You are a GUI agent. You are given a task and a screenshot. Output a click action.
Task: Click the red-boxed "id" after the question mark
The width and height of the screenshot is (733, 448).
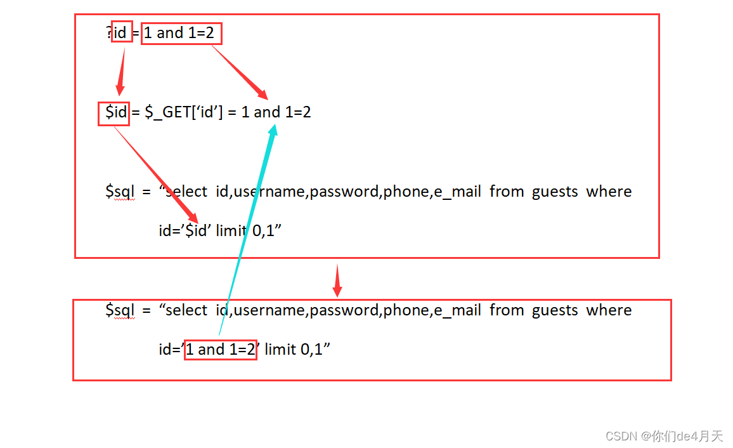pyautogui.click(x=121, y=32)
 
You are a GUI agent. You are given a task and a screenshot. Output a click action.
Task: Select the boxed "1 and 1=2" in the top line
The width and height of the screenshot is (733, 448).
pyautogui.click(x=181, y=33)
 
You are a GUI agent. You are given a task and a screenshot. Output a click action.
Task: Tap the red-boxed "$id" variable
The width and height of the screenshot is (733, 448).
pyautogui.click(x=114, y=113)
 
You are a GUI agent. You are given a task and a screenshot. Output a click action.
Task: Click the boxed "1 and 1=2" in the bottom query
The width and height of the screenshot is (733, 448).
pyautogui.click(x=220, y=349)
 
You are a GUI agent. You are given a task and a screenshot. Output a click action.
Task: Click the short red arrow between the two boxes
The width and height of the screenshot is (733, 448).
pyautogui.click(x=337, y=280)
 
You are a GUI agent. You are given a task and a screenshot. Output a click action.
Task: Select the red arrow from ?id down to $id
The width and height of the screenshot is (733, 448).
pyautogui.click(x=120, y=70)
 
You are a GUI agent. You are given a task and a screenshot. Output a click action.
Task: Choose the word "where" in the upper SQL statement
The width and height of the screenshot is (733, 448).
pyautogui.click(x=609, y=191)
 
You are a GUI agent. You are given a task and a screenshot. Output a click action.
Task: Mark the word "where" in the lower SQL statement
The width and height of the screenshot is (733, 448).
pyautogui.click(x=609, y=310)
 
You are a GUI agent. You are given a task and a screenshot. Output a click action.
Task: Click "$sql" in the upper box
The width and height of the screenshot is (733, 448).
pyautogui.click(x=120, y=191)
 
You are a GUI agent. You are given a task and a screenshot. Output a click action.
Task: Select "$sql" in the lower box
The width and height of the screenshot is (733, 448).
pyautogui.click(x=120, y=310)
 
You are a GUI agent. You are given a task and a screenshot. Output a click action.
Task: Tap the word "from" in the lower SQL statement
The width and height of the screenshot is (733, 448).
pyautogui.click(x=506, y=310)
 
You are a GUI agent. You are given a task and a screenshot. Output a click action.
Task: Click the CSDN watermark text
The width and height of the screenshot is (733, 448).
pyautogui.click(x=664, y=436)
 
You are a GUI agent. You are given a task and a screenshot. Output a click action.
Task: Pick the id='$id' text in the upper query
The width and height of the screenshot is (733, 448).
pyautogui.click(x=185, y=230)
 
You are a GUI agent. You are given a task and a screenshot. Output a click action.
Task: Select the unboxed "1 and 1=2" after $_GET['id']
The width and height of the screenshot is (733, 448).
pyautogui.click(x=276, y=113)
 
